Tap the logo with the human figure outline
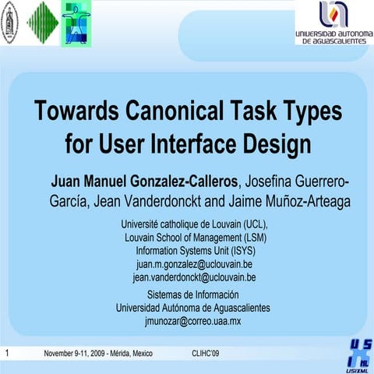click(x=76, y=23)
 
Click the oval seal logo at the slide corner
click(x=9, y=23)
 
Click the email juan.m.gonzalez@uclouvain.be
click(x=194, y=264)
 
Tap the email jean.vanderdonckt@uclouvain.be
click(x=194, y=277)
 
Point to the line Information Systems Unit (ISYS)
click(x=195, y=251)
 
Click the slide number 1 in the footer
click(x=6, y=353)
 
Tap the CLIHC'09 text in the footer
click(x=205, y=354)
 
